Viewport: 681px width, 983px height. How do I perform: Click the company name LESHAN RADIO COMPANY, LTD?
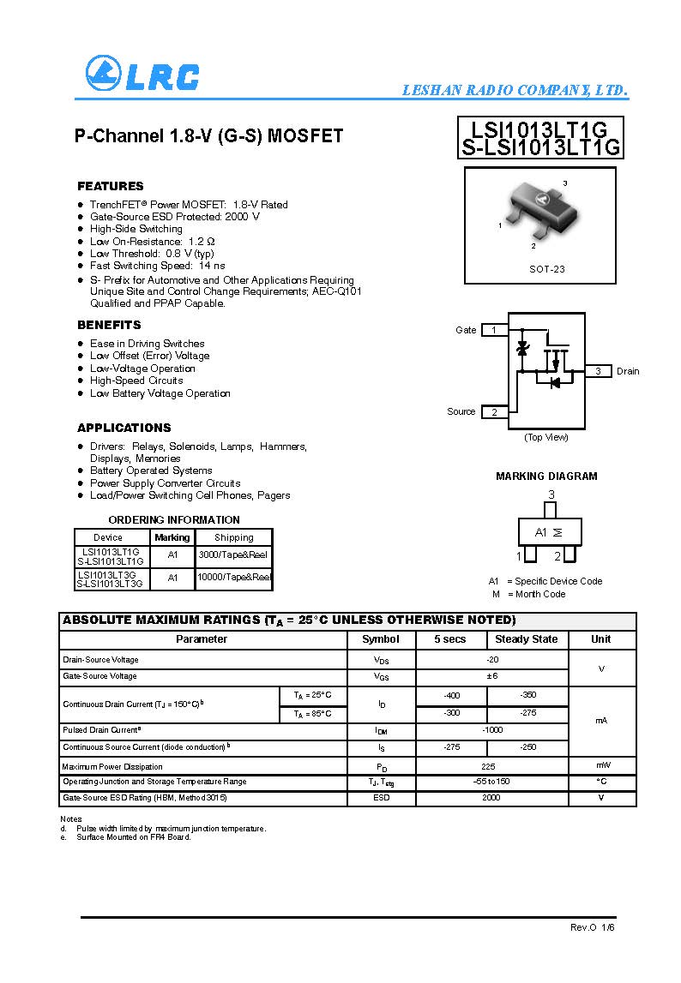515,91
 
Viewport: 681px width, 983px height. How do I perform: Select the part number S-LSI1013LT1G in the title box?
540,147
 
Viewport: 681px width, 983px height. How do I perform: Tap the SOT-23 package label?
546,269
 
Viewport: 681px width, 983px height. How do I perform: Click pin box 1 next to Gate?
493,330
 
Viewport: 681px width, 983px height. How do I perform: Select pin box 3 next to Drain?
598,371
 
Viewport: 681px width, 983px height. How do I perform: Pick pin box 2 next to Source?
494,412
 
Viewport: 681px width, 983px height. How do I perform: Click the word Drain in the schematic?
628,371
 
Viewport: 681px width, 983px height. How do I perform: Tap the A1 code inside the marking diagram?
541,532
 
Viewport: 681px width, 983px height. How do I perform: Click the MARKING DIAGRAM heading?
546,477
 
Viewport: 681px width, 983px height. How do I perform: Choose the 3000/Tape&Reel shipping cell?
233,555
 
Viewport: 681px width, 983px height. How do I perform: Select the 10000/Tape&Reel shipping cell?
233,578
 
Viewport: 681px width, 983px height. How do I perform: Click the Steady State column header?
527,639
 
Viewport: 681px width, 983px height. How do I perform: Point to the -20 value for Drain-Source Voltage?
492,660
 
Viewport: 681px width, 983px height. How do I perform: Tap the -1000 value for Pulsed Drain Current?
492,730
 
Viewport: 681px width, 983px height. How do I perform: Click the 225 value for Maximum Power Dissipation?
488,766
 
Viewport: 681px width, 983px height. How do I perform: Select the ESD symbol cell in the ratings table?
381,798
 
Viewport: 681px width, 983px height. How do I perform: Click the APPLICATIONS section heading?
124,428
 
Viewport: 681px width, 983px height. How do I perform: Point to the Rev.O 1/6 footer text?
593,928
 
